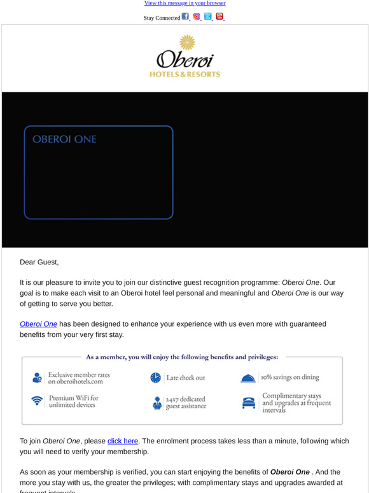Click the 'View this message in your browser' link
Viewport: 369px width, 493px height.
[x=184, y=3]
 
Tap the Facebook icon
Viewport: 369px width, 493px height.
[x=185, y=17]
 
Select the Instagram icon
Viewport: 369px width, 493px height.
[x=197, y=17]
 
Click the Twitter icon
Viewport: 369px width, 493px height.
[x=208, y=17]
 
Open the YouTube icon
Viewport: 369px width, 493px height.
[x=219, y=17]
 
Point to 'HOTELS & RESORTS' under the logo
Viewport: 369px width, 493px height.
[x=184, y=74]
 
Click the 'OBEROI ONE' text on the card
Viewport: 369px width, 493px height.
[x=64, y=139]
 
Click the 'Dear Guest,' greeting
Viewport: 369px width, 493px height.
[x=39, y=261]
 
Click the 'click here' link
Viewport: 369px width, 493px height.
[x=123, y=440]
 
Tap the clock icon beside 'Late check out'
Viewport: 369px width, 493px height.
[x=156, y=378]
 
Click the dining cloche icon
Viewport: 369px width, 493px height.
[x=248, y=378]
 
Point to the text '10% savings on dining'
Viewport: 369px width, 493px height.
[x=293, y=377]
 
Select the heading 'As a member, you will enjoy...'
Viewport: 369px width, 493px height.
[x=182, y=357]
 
